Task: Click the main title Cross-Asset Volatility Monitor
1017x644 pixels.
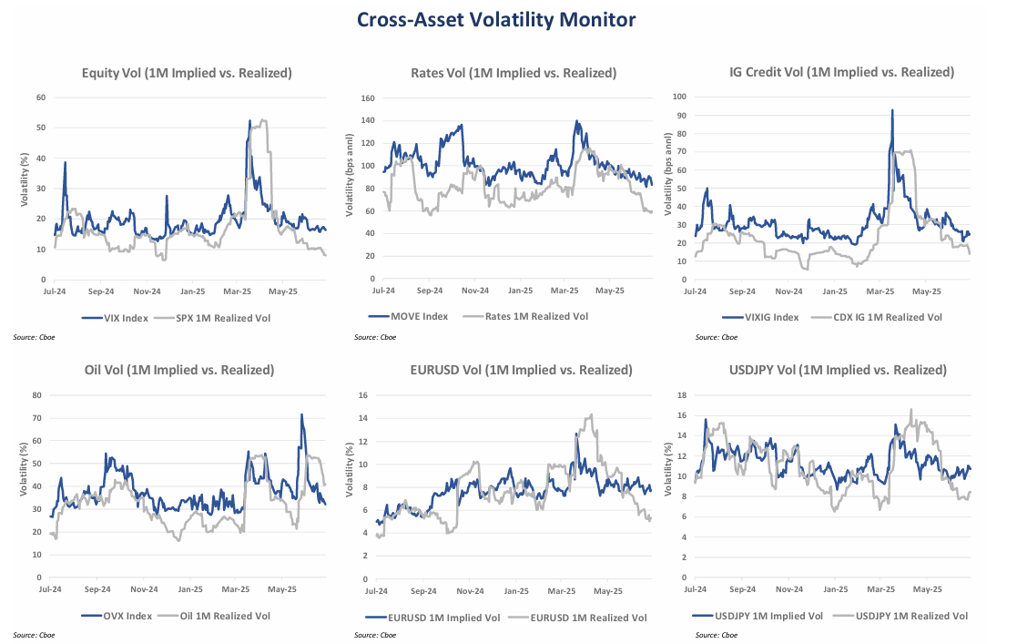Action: (x=508, y=19)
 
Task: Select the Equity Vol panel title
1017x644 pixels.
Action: (x=187, y=73)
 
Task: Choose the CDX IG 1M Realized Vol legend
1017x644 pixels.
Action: (x=890, y=317)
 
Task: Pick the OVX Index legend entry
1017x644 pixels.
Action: (x=117, y=617)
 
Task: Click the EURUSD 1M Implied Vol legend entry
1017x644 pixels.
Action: (x=441, y=617)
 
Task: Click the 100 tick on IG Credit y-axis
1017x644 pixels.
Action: (x=679, y=96)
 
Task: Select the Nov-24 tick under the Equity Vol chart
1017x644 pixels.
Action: (x=147, y=292)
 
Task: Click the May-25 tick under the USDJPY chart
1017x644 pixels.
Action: (x=926, y=590)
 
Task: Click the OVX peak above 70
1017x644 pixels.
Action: (x=301, y=414)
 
